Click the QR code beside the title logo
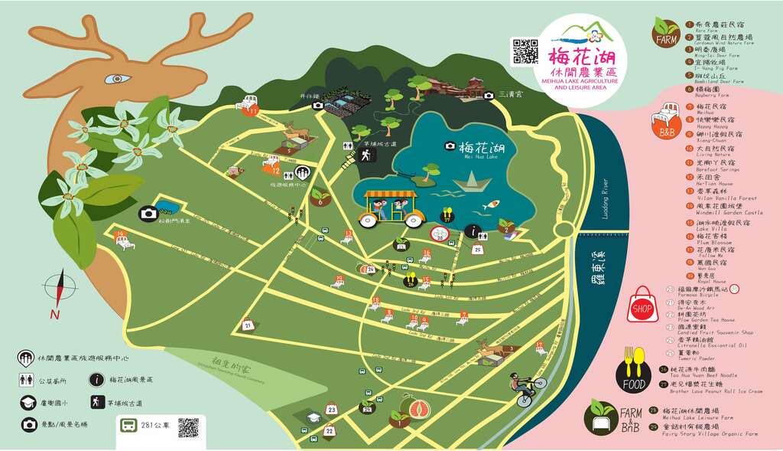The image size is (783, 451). coord(525,50)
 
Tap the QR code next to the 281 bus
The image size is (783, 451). coord(189,428)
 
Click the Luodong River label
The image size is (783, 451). coord(605,204)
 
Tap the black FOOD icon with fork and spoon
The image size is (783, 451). coord(633,368)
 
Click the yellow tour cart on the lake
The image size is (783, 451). coord(392,206)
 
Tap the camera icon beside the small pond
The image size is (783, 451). coord(148,214)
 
